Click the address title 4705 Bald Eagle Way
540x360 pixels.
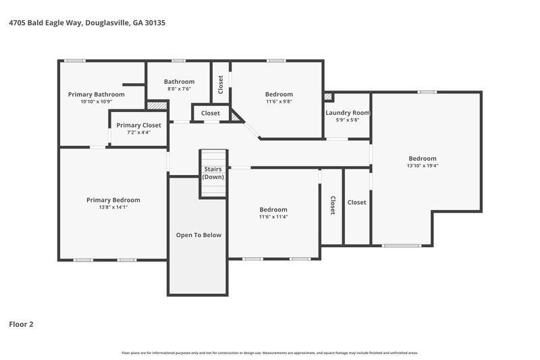pos(86,23)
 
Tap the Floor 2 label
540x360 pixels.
pos(21,324)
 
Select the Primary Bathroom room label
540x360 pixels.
pos(96,94)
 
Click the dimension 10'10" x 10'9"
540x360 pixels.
pos(96,102)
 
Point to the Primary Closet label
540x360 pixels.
pos(138,125)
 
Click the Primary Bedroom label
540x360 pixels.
pos(113,200)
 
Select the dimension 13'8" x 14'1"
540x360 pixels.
pos(113,207)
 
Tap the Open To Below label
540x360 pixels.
pos(198,235)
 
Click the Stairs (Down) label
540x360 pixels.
pos(213,172)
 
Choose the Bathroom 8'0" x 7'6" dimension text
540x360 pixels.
pos(179,88)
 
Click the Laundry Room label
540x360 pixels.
pos(348,113)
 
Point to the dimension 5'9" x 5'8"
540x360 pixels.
pos(348,120)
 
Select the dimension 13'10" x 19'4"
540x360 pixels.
pos(422,165)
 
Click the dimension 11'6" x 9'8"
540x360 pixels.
pos(279,101)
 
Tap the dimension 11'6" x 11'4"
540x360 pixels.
pos(273,217)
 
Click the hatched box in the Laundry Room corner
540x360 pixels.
pos(329,97)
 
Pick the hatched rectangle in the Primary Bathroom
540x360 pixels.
pos(157,105)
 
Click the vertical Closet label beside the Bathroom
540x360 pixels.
pos(221,84)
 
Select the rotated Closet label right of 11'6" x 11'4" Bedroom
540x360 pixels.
pos(332,205)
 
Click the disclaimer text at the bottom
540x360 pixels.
pos(269,353)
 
